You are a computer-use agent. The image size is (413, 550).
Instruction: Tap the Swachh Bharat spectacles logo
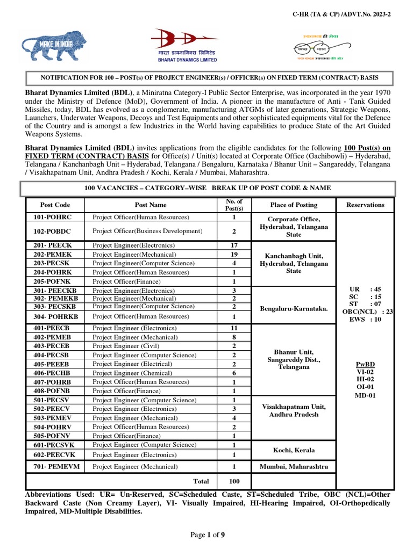pyautogui.click(x=321, y=46)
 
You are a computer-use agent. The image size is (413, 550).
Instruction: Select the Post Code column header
pyautogui.click(x=55, y=205)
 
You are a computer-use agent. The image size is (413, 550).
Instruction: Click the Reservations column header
pyautogui.click(x=365, y=205)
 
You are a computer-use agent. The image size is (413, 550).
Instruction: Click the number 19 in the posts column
pyautogui.click(x=234, y=254)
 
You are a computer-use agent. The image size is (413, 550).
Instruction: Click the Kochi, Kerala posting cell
pyautogui.click(x=294, y=450)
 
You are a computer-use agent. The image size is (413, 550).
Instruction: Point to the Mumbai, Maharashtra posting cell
pyautogui.click(x=294, y=467)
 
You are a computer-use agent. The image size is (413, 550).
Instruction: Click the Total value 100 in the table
pyautogui.click(x=234, y=481)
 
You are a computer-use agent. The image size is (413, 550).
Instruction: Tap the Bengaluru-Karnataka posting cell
pyautogui.click(x=294, y=308)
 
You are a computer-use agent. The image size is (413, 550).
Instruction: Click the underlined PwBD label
pyautogui.click(x=365, y=363)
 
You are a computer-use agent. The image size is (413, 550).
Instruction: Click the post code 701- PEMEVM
pyautogui.click(x=56, y=467)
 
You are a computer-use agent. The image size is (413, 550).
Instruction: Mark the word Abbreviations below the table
pyautogui.click(x=48, y=494)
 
